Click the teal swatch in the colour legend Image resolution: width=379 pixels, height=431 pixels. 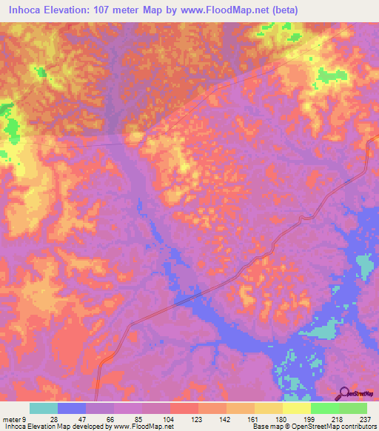[x=44, y=408]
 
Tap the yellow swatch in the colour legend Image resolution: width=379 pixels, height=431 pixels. [x=296, y=408]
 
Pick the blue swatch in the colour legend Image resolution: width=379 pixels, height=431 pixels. [x=72, y=408]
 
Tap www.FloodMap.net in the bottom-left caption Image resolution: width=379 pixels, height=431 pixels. [x=140, y=427]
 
